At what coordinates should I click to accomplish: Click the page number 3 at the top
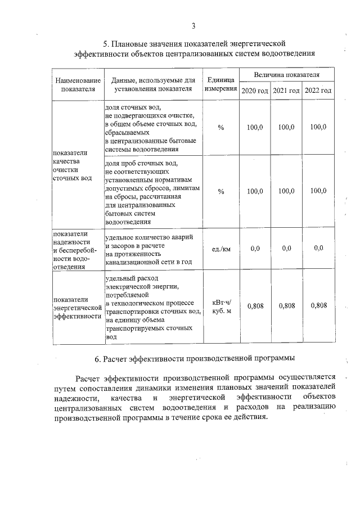pyautogui.click(x=193, y=26)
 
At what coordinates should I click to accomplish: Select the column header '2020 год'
pyautogui.click(x=255, y=91)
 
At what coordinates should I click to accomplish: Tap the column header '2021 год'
pyautogui.click(x=286, y=91)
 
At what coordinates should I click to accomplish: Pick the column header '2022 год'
pyautogui.click(x=318, y=91)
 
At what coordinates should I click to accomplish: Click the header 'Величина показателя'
pyautogui.click(x=286, y=74)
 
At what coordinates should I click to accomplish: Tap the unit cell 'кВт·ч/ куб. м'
pyautogui.click(x=220, y=306)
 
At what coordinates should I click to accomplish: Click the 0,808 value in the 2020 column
pyautogui.click(x=255, y=306)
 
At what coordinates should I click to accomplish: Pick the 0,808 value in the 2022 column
pyautogui.click(x=318, y=306)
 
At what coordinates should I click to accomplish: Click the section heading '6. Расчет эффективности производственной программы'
pyautogui.click(x=194, y=358)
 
